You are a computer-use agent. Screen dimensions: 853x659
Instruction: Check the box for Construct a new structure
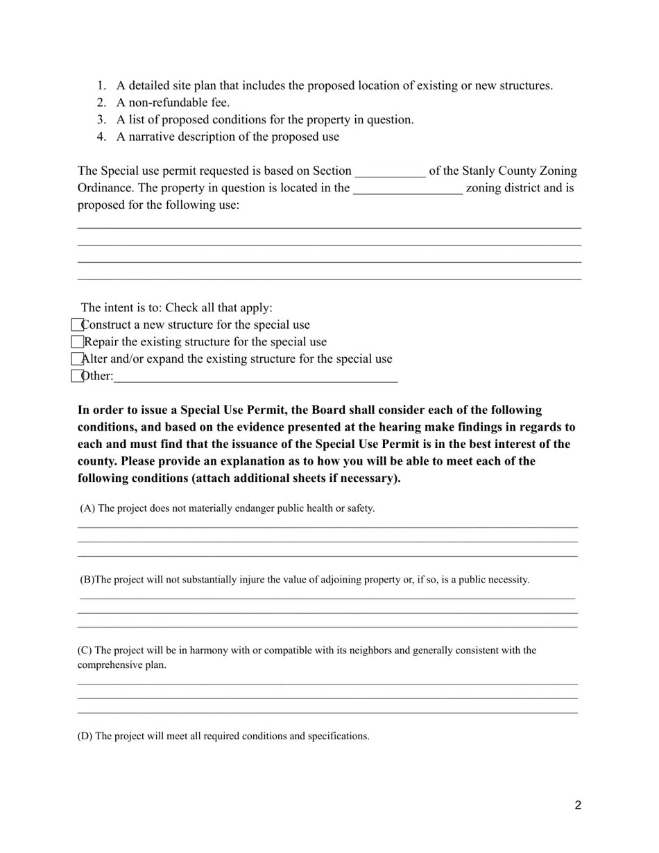pos(77,325)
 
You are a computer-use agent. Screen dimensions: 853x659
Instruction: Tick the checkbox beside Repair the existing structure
pos(77,342)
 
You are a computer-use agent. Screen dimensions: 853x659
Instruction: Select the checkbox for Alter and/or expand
pos(77,359)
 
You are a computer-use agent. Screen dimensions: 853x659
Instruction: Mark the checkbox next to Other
pos(77,376)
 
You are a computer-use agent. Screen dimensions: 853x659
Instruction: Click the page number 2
pos(578,805)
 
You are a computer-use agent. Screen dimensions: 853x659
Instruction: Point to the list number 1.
pos(101,86)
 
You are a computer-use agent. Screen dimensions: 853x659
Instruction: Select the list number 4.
pos(101,137)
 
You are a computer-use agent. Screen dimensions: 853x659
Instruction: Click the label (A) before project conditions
pos(87,508)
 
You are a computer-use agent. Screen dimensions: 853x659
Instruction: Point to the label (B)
pos(87,580)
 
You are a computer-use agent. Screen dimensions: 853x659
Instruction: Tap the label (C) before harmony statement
pos(85,650)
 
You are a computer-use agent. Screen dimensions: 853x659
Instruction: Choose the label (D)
pos(85,736)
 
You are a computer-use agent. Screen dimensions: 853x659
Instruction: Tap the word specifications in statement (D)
pos(338,736)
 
